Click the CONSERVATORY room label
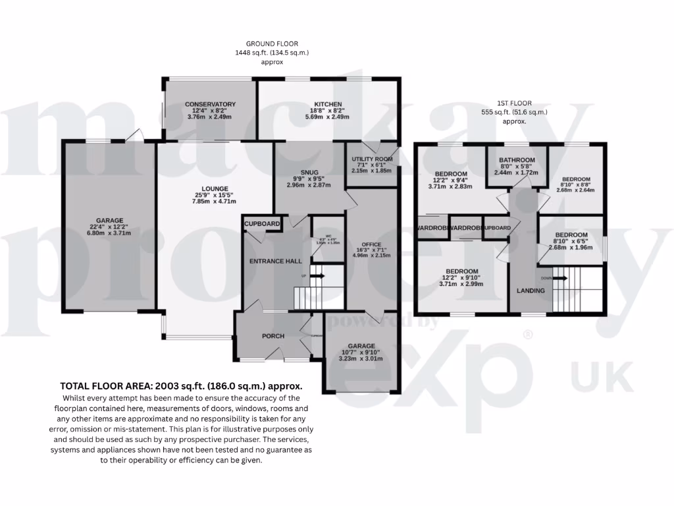click(x=210, y=104)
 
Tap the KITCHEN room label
click(x=327, y=104)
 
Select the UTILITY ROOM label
click(x=372, y=159)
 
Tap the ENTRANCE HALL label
click(x=276, y=262)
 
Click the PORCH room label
click(x=273, y=336)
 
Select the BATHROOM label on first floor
click(x=517, y=160)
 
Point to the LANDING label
click(x=530, y=291)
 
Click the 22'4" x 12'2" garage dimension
click(x=109, y=228)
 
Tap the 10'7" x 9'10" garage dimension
click(x=361, y=352)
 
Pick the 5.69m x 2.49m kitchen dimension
click(x=327, y=117)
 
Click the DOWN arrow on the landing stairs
click(x=559, y=278)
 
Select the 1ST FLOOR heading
click(x=514, y=103)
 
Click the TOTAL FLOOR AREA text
click(x=181, y=386)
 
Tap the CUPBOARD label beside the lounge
click(x=263, y=224)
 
